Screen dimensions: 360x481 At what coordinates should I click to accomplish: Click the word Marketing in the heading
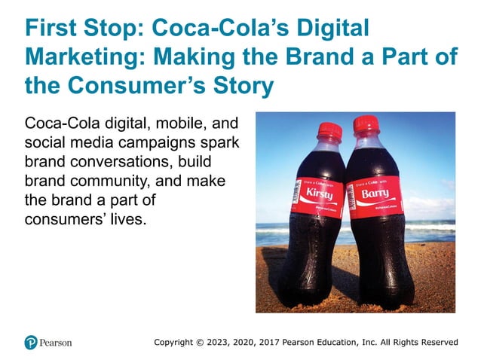(79, 57)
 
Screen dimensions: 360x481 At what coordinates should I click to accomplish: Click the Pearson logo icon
(31, 342)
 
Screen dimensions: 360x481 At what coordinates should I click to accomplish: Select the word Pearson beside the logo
(57, 343)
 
